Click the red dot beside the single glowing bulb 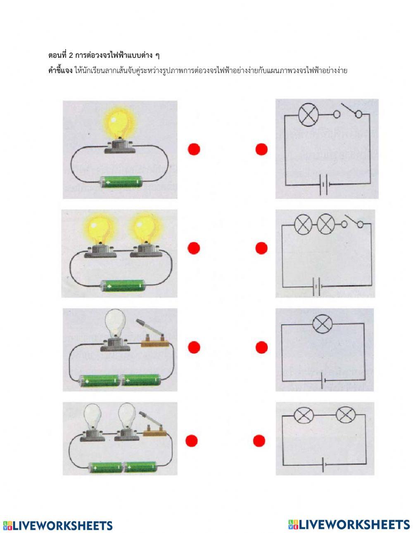(194, 149)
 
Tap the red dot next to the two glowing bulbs (194, 248)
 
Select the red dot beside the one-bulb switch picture (194, 347)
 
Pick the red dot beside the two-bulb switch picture (192, 441)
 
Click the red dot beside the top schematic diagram (261, 149)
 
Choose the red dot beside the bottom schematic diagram (259, 441)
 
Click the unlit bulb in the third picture (115, 323)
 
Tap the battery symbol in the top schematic (324, 185)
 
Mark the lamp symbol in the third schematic (322, 324)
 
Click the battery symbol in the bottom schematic (324, 464)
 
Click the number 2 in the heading (71, 56)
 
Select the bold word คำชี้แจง (60, 71)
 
